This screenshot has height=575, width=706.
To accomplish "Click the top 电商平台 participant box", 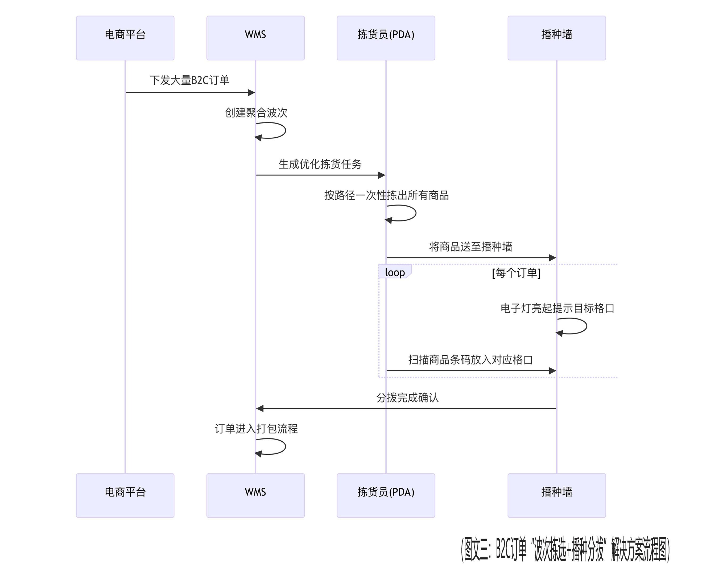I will click(125, 38).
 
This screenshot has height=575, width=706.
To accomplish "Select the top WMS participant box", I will click(255, 38).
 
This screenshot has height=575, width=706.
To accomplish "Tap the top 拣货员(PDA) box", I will click(386, 38).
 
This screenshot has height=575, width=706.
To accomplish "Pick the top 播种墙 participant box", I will click(556, 38).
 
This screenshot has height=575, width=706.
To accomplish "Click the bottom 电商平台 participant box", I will click(125, 495).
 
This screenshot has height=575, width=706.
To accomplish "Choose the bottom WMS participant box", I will click(255, 495).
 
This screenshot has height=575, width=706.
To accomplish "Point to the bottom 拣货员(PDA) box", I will click(386, 495).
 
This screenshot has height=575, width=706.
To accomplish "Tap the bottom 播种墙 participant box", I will click(556, 495).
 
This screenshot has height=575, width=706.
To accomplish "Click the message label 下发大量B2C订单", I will click(189, 80).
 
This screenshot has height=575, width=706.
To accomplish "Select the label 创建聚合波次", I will click(256, 113).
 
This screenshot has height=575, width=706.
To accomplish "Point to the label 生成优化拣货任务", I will click(320, 164).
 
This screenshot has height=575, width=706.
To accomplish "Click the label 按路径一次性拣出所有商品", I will click(386, 195).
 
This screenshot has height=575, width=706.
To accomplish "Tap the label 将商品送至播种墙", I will click(470, 247).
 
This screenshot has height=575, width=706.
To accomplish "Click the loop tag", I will click(395, 272).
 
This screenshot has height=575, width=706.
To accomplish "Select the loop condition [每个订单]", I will click(516, 273).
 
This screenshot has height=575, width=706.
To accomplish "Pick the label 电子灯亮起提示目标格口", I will click(557, 308).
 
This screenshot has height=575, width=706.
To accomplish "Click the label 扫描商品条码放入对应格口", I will click(470, 360).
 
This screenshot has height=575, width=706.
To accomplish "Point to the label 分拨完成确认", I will click(407, 397).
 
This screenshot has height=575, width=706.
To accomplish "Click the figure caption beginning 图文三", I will click(565, 549).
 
